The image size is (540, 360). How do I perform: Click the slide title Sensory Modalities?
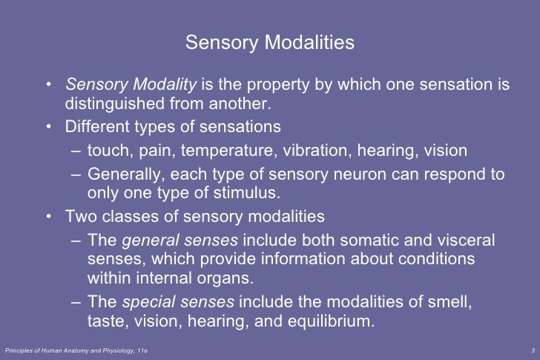(x=270, y=43)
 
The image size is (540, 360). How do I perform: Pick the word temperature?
(x=226, y=151)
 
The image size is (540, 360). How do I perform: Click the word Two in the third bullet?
(x=80, y=217)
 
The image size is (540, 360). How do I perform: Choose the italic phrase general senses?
(x=180, y=241)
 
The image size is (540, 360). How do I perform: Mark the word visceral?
(x=461, y=241)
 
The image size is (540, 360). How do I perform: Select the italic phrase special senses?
(x=177, y=303)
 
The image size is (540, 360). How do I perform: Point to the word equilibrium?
(x=333, y=321)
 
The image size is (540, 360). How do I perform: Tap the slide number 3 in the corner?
(x=534, y=350)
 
